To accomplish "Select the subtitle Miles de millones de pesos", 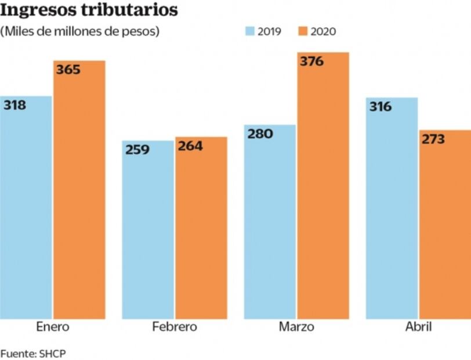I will (80, 31).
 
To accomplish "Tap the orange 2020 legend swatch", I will (302, 31).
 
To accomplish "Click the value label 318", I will (15, 106).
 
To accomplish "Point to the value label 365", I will (68, 70).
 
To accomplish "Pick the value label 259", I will (137, 149).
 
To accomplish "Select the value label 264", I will (190, 146).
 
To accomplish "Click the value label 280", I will (260, 134).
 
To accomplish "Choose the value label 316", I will (380, 107).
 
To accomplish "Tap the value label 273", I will (433, 139).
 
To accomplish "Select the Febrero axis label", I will (174, 326).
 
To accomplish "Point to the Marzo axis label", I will (296, 326).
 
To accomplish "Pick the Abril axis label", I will (418, 326).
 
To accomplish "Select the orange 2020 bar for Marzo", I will (323, 192).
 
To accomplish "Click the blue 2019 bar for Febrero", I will (147, 232).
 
